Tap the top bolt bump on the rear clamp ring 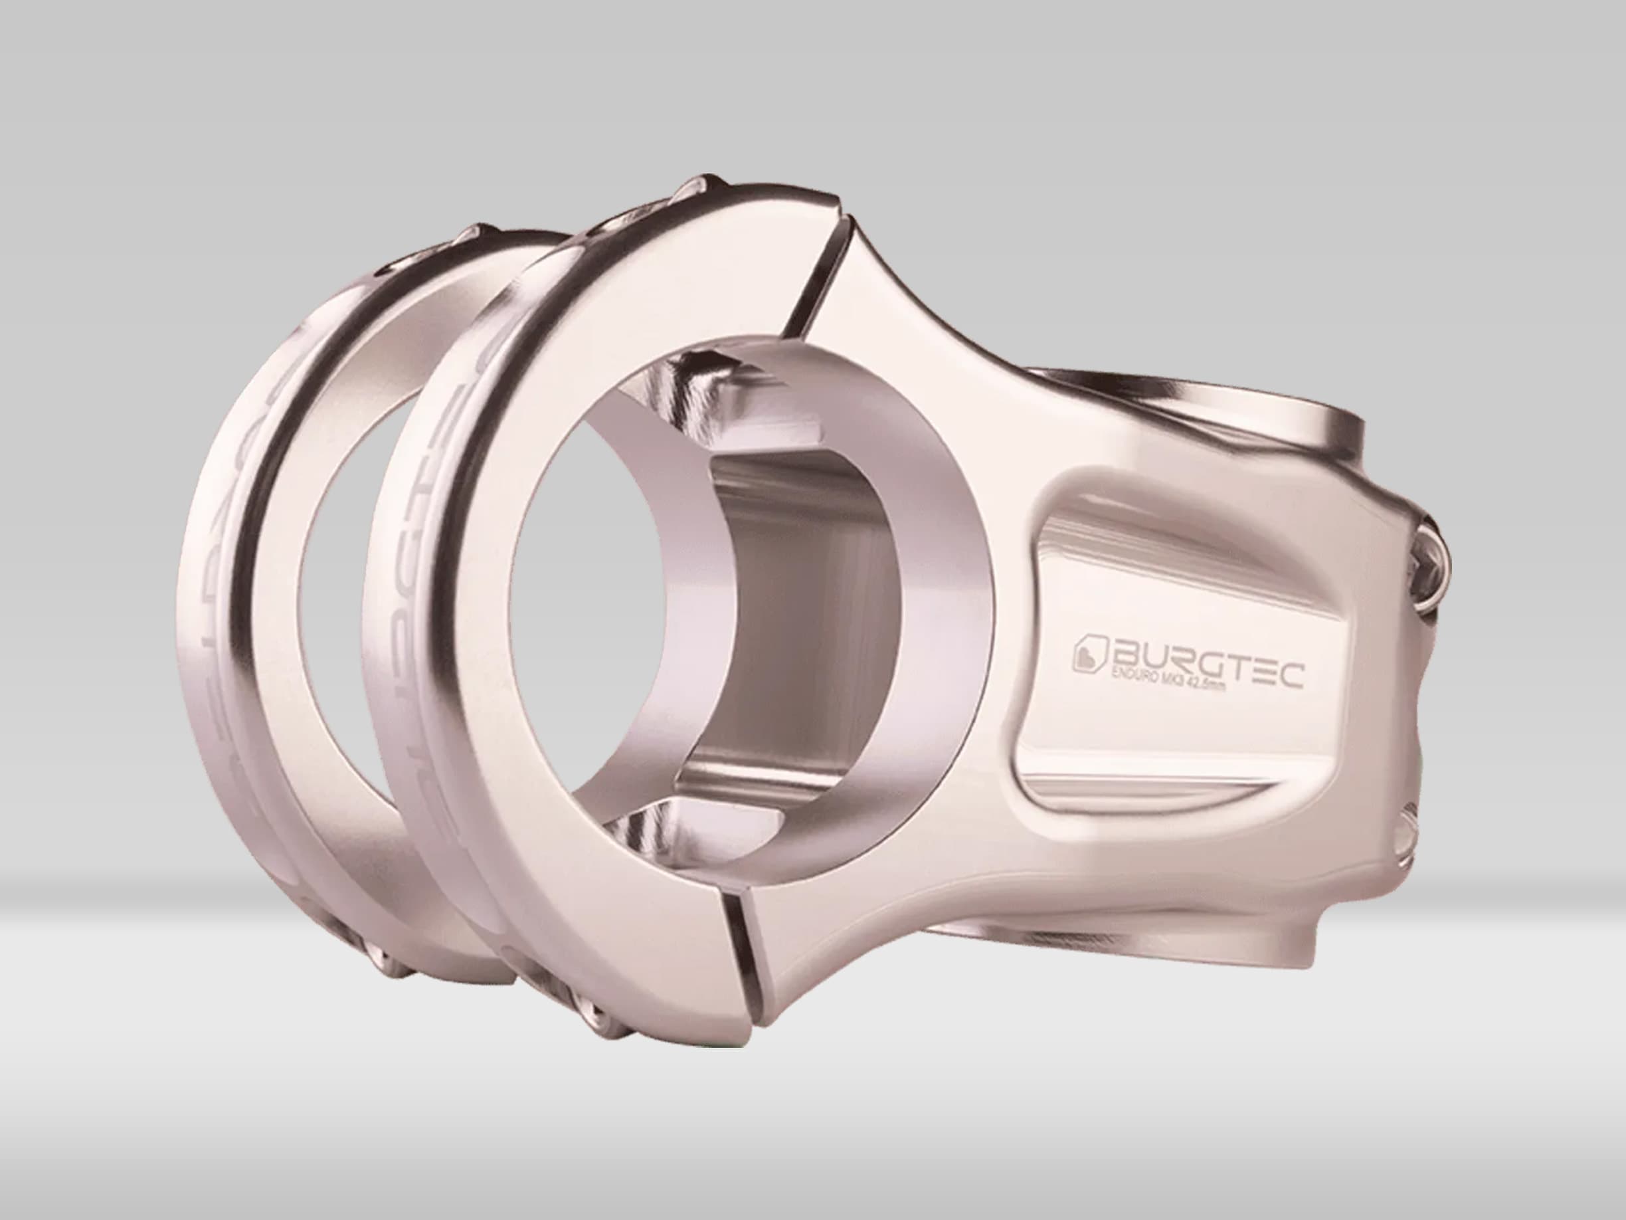point(478,235)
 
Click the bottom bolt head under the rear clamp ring point(382,956)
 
